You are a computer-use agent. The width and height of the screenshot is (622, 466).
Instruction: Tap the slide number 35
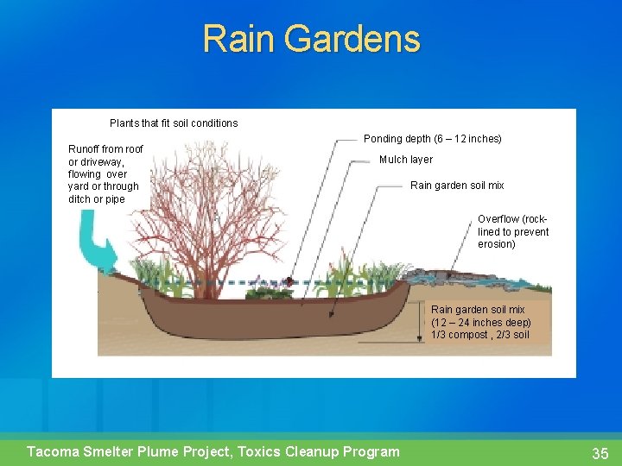click(600, 453)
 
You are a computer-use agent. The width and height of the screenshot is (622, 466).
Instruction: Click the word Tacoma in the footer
click(54, 451)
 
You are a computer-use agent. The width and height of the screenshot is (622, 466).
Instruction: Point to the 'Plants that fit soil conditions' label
click(174, 123)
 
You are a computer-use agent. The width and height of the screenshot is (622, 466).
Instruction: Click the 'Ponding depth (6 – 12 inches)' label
click(432, 139)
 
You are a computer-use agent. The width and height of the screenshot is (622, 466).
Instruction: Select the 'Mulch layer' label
click(406, 160)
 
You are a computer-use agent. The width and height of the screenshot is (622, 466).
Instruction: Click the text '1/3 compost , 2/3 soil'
click(480, 335)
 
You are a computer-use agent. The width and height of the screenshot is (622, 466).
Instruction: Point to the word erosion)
click(497, 244)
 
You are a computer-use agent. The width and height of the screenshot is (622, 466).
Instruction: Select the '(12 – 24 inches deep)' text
click(481, 323)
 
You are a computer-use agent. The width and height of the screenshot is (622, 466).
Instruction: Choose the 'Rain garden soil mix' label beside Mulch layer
click(457, 186)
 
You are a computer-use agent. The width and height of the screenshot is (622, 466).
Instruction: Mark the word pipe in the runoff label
click(115, 199)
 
